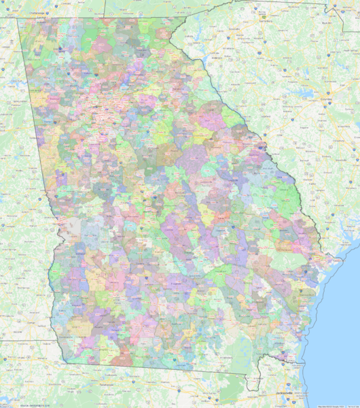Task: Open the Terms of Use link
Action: [x=351, y=405]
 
